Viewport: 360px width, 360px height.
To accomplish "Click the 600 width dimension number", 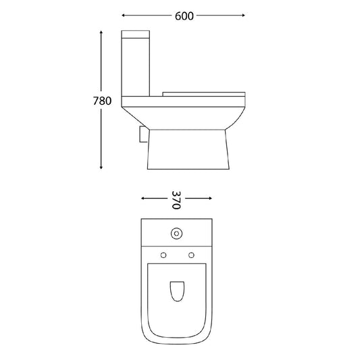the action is coord(184,16).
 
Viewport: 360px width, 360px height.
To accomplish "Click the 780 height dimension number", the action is coord(102,101).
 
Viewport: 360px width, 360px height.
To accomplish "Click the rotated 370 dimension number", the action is coord(176,200).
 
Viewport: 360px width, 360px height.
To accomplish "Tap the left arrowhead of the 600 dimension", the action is coord(123,16).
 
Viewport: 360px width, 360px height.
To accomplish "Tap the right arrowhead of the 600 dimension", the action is coord(244,16).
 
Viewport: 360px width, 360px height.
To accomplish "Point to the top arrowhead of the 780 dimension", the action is coord(101,32).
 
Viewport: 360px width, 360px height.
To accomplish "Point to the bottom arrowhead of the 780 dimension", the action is coord(101,168).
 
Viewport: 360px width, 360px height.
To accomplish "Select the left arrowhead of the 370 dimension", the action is coord(143,198).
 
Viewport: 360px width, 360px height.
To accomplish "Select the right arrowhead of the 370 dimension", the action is coord(210,198).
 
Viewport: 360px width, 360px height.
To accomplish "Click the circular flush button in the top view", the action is coord(176,234).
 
